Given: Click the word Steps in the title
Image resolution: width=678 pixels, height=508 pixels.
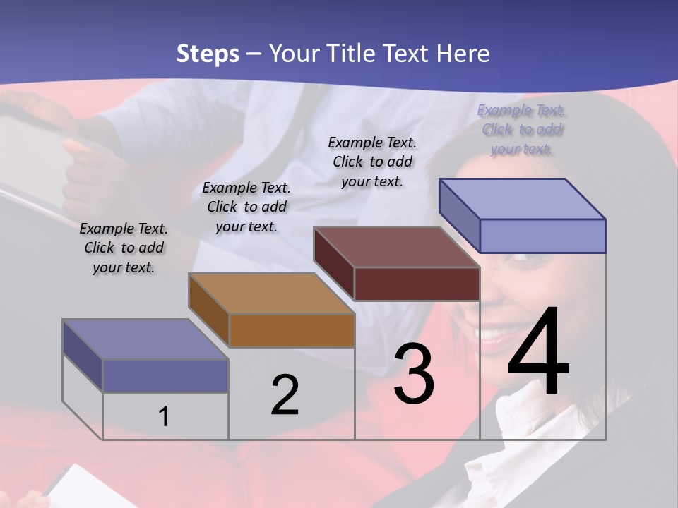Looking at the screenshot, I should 208,54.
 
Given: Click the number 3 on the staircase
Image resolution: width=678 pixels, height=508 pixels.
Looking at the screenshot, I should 414,374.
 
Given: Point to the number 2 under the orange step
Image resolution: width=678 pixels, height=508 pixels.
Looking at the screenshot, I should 285,395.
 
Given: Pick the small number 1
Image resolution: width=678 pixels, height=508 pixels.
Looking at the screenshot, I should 164,417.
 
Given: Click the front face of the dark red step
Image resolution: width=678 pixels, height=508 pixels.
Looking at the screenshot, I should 417,284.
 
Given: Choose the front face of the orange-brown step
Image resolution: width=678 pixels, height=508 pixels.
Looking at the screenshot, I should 292,330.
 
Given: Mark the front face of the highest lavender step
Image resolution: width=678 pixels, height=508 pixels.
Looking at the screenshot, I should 542,236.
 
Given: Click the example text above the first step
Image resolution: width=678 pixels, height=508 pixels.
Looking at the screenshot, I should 124,248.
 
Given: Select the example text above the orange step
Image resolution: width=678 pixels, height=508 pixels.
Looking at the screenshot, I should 246,207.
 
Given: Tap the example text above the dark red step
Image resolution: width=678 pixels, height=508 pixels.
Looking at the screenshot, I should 372,162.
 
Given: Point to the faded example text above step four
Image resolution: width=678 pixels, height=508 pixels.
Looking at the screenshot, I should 521,129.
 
